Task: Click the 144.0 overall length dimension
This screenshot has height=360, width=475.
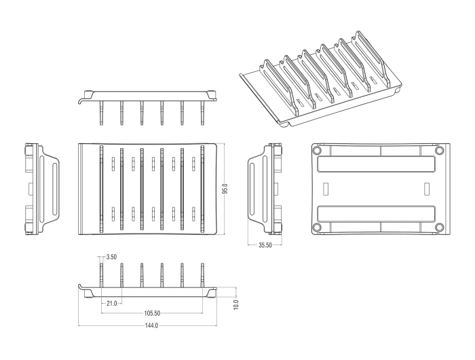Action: pyautogui.click(x=151, y=326)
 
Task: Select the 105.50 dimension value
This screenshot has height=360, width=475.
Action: pyautogui.click(x=152, y=313)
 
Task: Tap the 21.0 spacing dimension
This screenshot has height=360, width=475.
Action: pyautogui.click(x=111, y=304)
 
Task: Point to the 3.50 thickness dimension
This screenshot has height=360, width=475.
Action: pyautogui.click(x=111, y=257)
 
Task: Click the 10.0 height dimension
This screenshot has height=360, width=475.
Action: pyautogui.click(x=236, y=304)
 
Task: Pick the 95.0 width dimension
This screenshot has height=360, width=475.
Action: pyautogui.click(x=225, y=189)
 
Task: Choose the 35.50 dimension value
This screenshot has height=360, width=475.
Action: pyautogui.click(x=265, y=245)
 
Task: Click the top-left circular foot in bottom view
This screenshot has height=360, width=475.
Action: pyautogui.click(x=317, y=150)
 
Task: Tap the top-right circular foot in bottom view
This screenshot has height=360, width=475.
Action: pyautogui.click(x=439, y=150)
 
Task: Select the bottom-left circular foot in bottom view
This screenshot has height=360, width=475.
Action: pyautogui.click(x=317, y=227)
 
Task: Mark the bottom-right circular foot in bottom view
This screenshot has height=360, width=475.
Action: pyautogui.click(x=439, y=227)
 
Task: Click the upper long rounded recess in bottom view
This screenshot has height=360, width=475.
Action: pyautogui.click(x=376, y=164)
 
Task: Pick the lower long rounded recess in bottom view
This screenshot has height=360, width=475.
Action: pyautogui.click(x=376, y=214)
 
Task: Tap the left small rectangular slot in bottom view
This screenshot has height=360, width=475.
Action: pyautogui.click(x=326, y=189)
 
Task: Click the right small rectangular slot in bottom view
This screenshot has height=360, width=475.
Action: pyautogui.click(x=427, y=189)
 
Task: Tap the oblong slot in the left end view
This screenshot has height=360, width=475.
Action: pyautogui.click(x=54, y=189)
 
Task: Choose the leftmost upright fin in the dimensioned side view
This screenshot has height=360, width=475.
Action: pyautogui.click(x=101, y=275)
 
